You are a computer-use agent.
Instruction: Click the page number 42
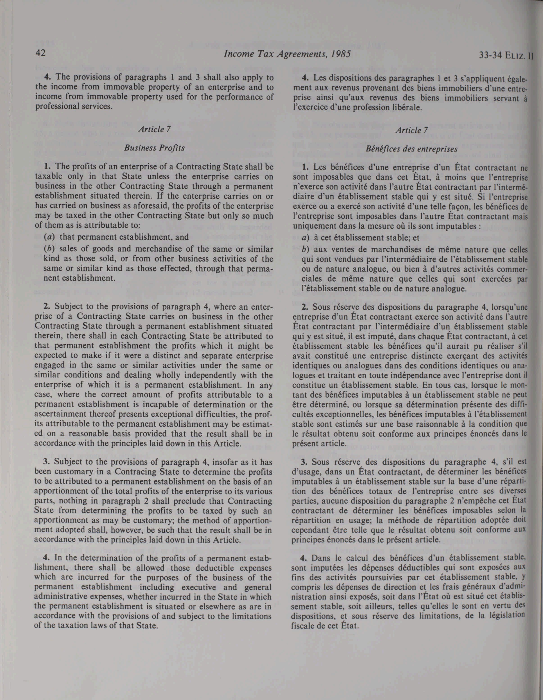41,53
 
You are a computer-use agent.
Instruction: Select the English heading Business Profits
154,148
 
